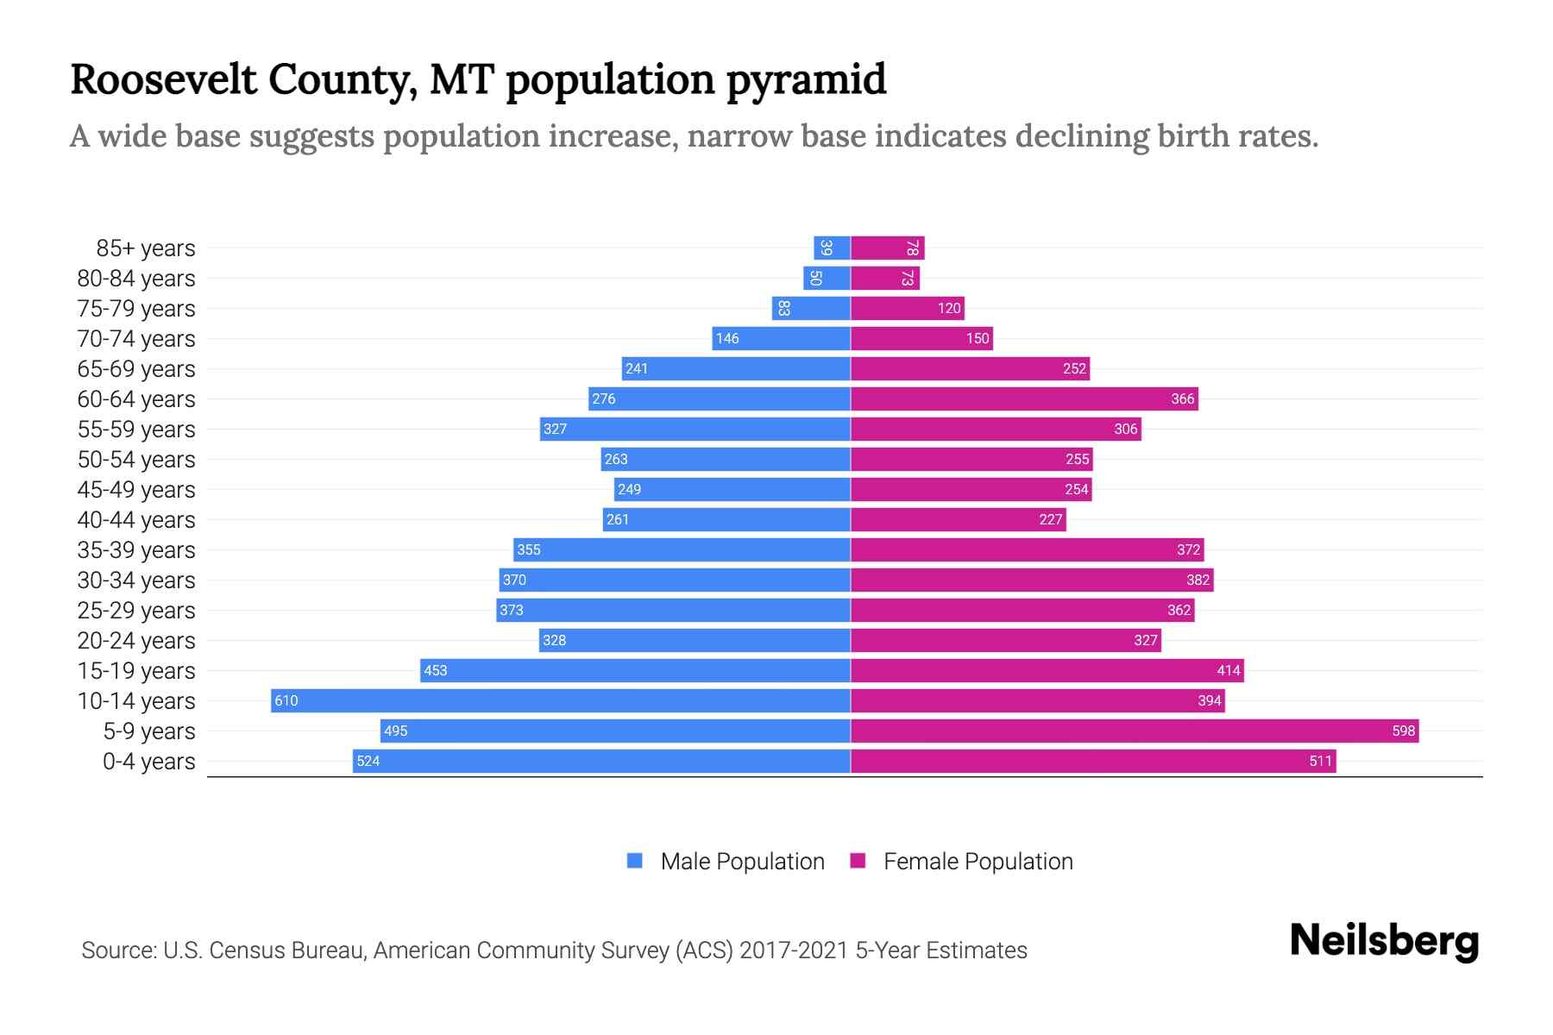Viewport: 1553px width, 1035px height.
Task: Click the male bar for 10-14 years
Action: tap(561, 700)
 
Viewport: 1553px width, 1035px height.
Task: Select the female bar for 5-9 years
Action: tap(1135, 731)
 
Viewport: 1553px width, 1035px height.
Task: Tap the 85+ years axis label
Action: tap(145, 248)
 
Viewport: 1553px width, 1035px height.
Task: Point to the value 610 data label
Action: tap(286, 701)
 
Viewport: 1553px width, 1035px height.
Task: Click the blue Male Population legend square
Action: tap(635, 861)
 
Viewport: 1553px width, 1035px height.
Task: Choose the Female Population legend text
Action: tap(978, 862)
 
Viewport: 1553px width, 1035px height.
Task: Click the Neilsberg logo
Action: tap(1384, 941)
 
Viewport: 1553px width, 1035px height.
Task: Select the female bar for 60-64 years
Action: tap(1024, 398)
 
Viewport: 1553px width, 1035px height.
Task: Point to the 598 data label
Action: tap(1403, 731)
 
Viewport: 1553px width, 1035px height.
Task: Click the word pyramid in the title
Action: tap(806, 79)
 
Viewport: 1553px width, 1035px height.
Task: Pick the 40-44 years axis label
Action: tap(136, 520)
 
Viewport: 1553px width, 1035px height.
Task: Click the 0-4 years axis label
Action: tap(148, 762)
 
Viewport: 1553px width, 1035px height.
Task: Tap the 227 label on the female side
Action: tap(1050, 520)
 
